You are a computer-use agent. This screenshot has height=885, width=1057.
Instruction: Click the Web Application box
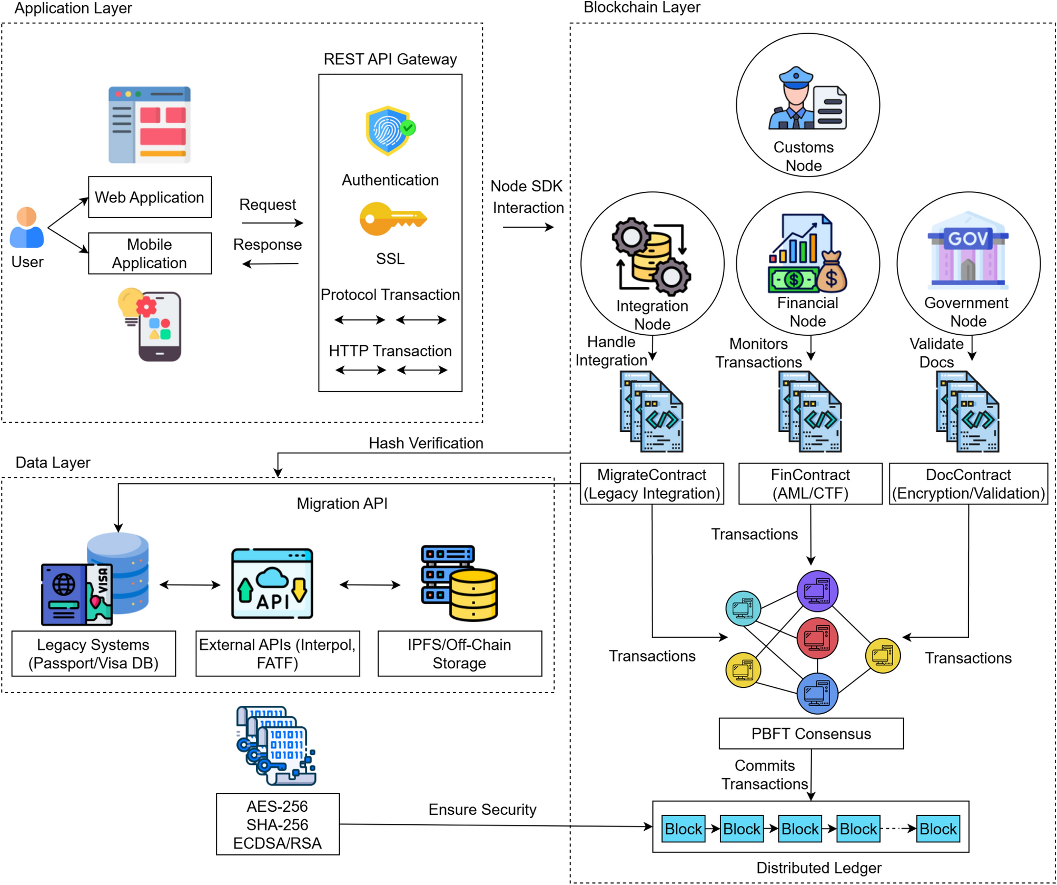150,197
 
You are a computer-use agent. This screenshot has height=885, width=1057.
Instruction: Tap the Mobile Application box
150,254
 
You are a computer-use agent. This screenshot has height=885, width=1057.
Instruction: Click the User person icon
27,228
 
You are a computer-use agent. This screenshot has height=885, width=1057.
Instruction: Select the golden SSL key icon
392,218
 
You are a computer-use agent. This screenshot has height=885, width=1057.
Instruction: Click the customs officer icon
807,99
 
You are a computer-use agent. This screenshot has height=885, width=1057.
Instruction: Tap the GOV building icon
967,250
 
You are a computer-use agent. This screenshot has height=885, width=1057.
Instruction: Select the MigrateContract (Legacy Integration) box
651,484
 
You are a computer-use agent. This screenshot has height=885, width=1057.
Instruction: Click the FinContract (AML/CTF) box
810,484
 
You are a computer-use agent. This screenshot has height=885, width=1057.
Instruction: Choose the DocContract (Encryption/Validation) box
968,484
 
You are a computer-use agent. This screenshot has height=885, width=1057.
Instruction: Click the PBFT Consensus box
811,733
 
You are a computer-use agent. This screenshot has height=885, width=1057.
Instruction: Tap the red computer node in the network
817,638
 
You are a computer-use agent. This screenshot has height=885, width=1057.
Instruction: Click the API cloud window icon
272,583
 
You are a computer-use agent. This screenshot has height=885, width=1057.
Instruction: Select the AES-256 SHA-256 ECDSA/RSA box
278,824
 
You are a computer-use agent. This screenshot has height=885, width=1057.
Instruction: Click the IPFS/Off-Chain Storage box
459,654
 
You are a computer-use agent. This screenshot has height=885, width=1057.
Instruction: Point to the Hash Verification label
426,443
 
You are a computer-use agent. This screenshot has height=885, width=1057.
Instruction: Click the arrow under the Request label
272,223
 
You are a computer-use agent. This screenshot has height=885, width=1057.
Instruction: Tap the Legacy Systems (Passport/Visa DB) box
94,654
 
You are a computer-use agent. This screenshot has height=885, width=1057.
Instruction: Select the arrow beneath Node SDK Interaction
528,227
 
